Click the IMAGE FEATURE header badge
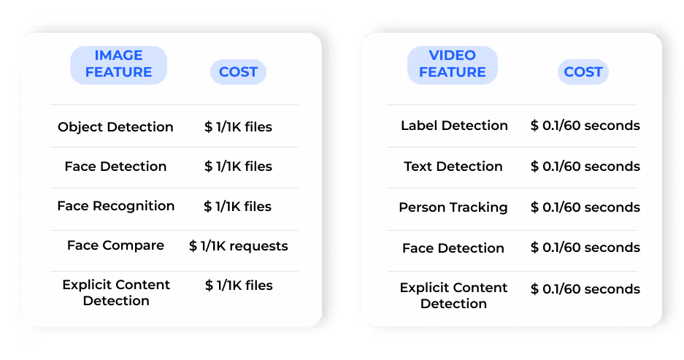tap(118, 64)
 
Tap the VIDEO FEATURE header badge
tap(452, 64)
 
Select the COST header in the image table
tap(238, 72)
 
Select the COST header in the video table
tap(583, 72)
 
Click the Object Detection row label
tap(115, 127)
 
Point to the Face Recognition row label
tap(115, 206)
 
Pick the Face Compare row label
tap(115, 245)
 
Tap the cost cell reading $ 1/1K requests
tap(239, 246)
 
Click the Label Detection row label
tap(454, 126)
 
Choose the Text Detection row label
tap(453, 166)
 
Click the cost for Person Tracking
tap(585, 207)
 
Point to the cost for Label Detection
tap(585, 126)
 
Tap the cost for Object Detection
tap(239, 127)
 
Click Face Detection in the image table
tap(115, 166)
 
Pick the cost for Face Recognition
tap(239, 207)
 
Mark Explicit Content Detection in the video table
tap(453, 295)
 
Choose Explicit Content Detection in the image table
tap(116, 292)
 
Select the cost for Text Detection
tap(585, 166)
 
